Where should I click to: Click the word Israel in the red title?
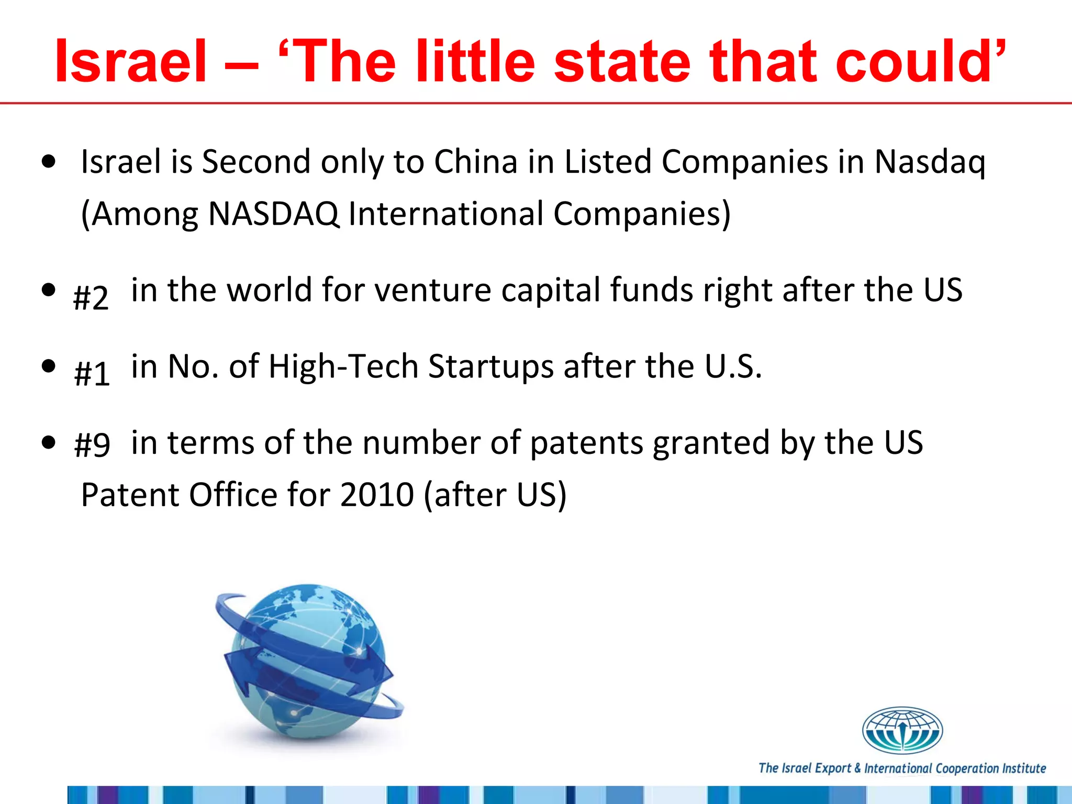pos(131,62)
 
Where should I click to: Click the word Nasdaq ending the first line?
pos(930,162)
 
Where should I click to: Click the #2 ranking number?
pos(91,298)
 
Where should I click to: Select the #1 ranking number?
pos(92,374)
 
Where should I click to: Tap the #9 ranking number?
pos(92,445)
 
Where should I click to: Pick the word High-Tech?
pos(343,366)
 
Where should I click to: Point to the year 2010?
pos(377,495)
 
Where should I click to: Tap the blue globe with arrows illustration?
pos(309,662)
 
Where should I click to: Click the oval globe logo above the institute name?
pos(902,730)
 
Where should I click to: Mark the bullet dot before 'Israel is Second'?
pos(49,162)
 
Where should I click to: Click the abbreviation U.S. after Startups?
pos(733,366)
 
